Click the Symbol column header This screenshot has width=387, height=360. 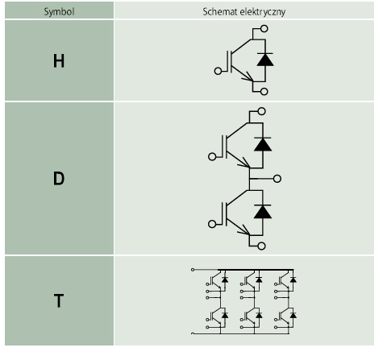(x=59, y=12)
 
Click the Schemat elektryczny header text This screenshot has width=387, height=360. (x=244, y=12)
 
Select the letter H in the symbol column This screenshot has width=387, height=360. (x=59, y=61)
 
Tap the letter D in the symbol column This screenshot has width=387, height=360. (x=59, y=179)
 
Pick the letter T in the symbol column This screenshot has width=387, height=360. (x=59, y=300)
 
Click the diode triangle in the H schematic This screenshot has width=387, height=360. (x=265, y=60)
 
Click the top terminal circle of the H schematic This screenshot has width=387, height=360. (x=264, y=28)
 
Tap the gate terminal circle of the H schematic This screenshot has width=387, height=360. (x=218, y=71)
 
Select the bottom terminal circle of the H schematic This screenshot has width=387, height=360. (x=264, y=92)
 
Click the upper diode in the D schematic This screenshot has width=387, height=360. (x=263, y=144)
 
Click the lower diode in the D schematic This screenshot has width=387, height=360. (x=263, y=212)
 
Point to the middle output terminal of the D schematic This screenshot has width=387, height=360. (x=277, y=179)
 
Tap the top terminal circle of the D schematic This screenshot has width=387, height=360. (x=261, y=111)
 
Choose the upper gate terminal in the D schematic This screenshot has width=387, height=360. (x=212, y=157)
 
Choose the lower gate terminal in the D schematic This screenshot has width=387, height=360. (x=212, y=224)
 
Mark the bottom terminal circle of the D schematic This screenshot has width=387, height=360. (x=261, y=246)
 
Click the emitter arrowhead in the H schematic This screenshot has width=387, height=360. (x=248, y=77)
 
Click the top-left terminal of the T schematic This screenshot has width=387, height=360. (x=193, y=270)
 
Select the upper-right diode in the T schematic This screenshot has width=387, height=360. (x=293, y=279)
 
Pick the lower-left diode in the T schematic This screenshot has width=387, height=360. (x=225, y=315)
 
